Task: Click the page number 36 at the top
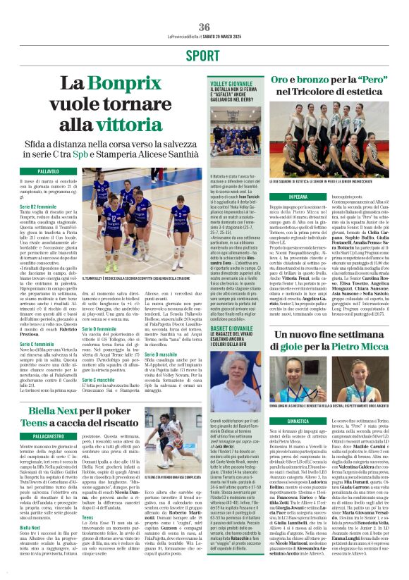point(204,27)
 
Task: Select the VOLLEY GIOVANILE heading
point(229,84)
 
